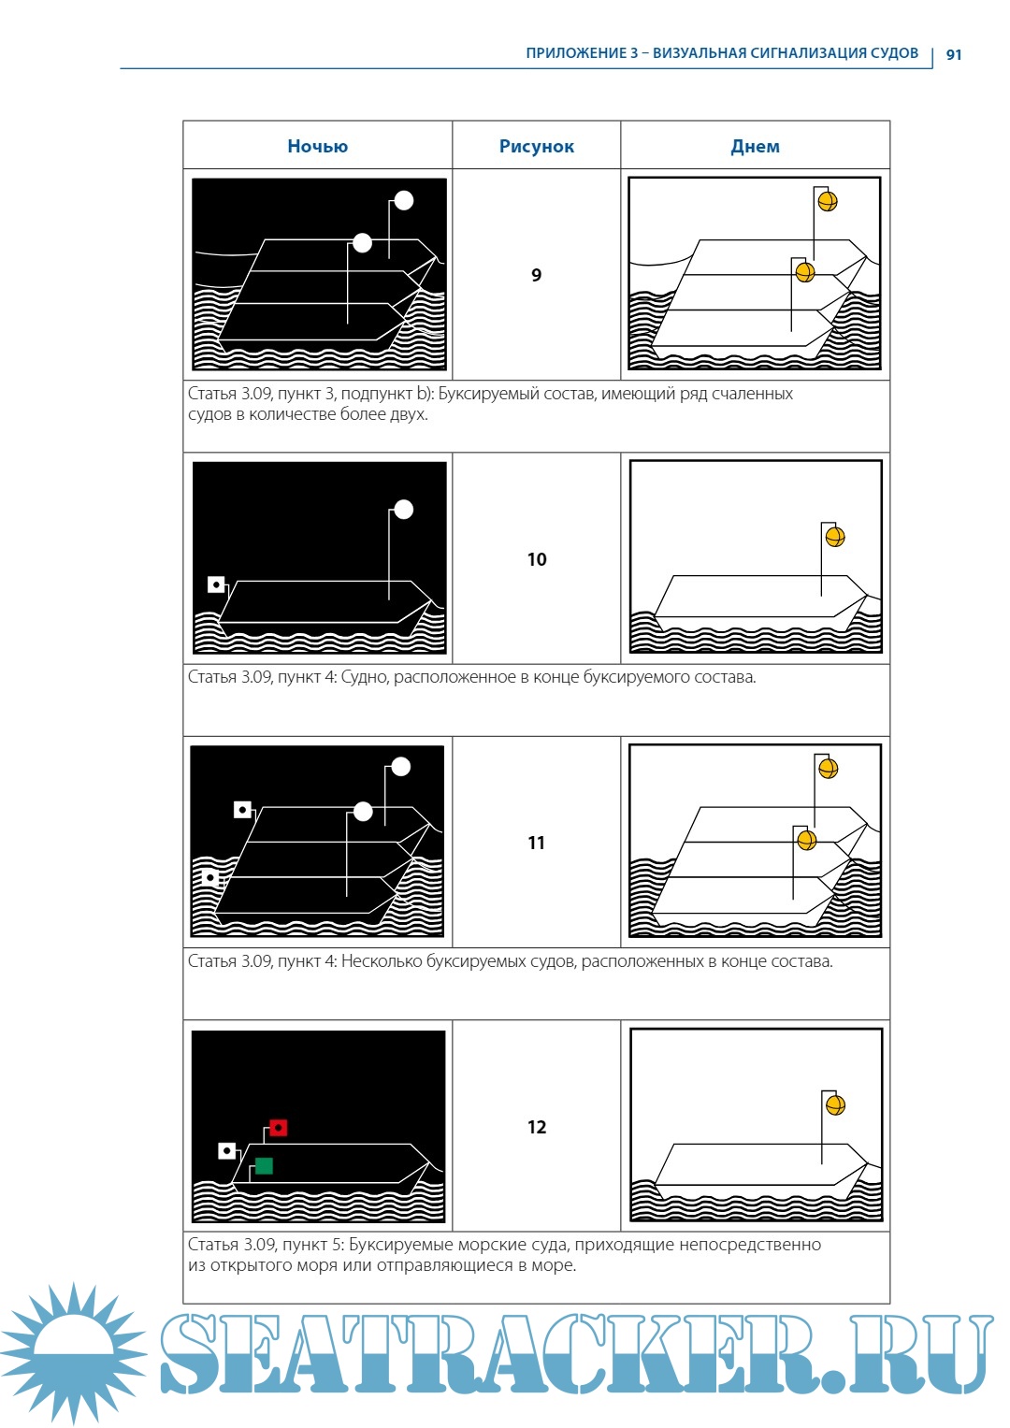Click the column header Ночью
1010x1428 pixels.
(x=318, y=147)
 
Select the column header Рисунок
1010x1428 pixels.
(x=536, y=147)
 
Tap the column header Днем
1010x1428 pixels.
(x=755, y=147)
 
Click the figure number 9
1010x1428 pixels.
(x=536, y=275)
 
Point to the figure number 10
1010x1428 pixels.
(x=537, y=559)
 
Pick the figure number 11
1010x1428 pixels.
(x=536, y=843)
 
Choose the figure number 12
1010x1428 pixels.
(x=537, y=1127)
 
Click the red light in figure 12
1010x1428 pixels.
(x=278, y=1128)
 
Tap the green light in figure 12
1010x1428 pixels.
(x=264, y=1166)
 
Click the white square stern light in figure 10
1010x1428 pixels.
(x=216, y=584)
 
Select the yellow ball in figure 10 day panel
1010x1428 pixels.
(x=835, y=537)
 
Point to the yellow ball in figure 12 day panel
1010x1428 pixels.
(x=835, y=1104)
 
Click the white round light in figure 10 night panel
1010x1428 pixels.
(x=404, y=510)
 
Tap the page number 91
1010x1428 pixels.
(x=953, y=55)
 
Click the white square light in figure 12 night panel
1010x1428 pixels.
(x=227, y=1150)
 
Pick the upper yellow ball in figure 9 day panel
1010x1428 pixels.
(x=828, y=201)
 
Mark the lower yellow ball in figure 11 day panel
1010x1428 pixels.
(x=806, y=840)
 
